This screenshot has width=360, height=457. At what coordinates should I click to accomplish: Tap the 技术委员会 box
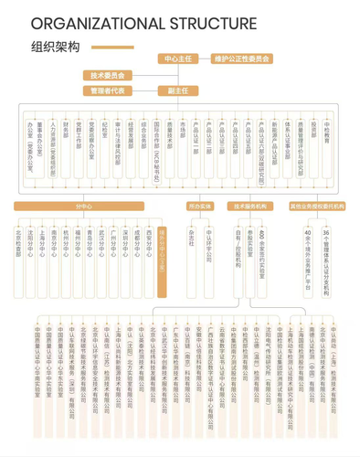pos(109,76)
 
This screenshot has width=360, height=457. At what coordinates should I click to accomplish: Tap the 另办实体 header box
pos(199,207)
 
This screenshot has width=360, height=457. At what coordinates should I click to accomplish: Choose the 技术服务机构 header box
pos(249,207)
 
